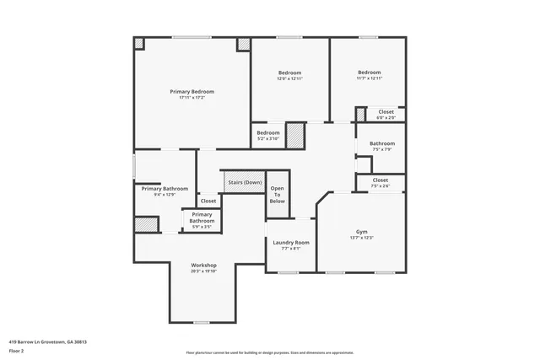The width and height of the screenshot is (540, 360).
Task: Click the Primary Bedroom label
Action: tap(192, 91)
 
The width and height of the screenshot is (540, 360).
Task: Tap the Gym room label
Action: tap(361, 231)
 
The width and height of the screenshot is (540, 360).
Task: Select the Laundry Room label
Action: tap(290, 242)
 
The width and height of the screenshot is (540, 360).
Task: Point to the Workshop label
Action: tap(204, 265)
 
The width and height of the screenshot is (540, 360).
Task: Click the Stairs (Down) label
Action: tap(245, 182)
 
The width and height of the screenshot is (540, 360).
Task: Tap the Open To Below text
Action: tap(277, 195)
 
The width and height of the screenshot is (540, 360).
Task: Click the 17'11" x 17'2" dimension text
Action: tap(192, 98)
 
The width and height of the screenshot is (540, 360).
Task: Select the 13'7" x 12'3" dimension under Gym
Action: tap(361, 238)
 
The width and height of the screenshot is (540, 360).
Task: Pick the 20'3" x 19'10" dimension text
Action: tap(204, 271)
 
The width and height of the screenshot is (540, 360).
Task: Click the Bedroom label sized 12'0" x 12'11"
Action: tap(290, 73)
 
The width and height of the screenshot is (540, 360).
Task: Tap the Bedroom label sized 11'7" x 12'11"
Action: tap(369, 73)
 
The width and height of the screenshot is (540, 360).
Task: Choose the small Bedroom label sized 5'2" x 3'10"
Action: tap(267, 132)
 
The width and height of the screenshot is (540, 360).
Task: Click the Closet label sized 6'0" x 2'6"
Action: tap(386, 111)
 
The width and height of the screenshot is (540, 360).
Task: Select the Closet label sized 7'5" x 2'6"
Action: tap(380, 180)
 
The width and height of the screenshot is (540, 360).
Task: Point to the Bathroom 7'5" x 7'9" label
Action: tap(381, 143)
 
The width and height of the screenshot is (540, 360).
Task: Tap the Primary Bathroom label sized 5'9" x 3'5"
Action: tap(202, 218)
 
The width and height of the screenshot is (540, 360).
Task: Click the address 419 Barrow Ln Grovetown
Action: tap(47, 341)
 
